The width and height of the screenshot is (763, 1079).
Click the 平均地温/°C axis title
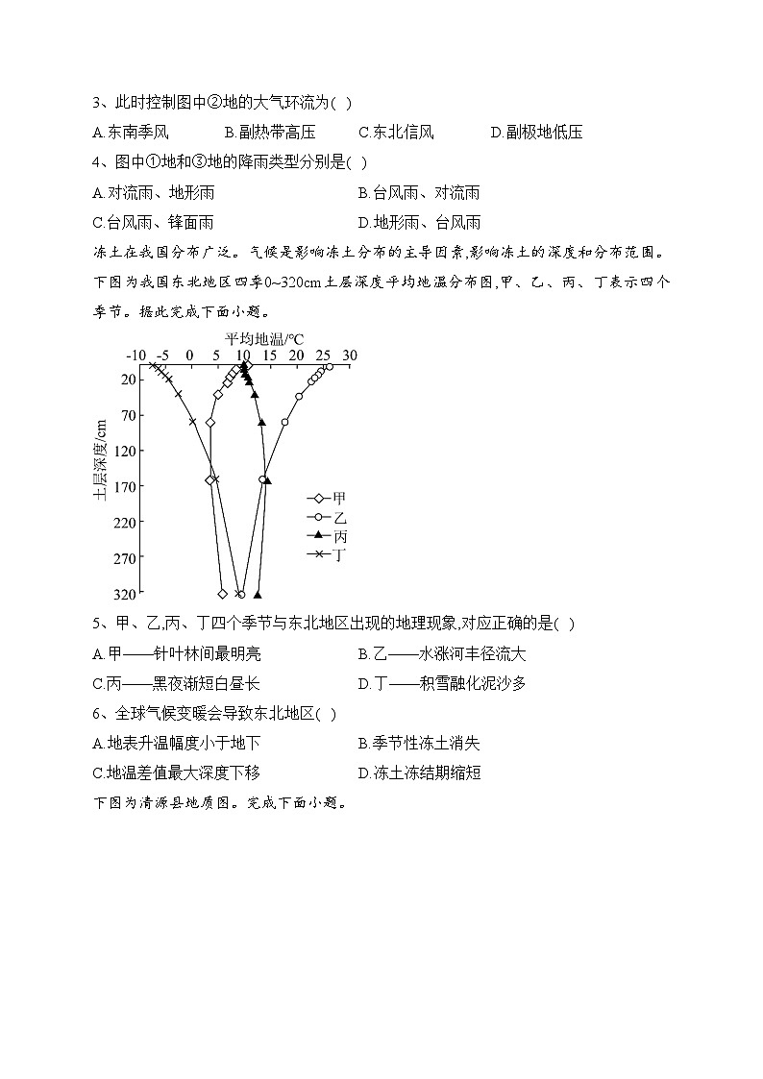pyautogui.click(x=264, y=339)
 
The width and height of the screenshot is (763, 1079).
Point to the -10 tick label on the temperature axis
pyautogui.click(x=135, y=356)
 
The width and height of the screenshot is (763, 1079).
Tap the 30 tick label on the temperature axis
pyautogui.click(x=349, y=356)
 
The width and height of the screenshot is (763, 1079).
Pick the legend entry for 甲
pyautogui.click(x=328, y=499)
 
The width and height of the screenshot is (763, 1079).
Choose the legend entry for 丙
pyautogui.click(x=328, y=536)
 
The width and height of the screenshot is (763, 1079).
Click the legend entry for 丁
pyautogui.click(x=328, y=554)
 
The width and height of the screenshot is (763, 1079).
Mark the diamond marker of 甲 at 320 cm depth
pyautogui.click(x=223, y=594)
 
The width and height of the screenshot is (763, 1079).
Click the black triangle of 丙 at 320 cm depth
pyautogui.click(x=257, y=594)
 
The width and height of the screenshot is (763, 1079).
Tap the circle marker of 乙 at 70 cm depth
pyautogui.click(x=284, y=422)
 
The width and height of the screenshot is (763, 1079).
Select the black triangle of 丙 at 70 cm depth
pyautogui.click(x=261, y=422)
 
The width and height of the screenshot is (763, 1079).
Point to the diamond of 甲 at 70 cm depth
pyautogui.click(x=210, y=422)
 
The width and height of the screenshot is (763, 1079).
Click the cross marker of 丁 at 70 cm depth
pyautogui.click(x=192, y=422)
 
